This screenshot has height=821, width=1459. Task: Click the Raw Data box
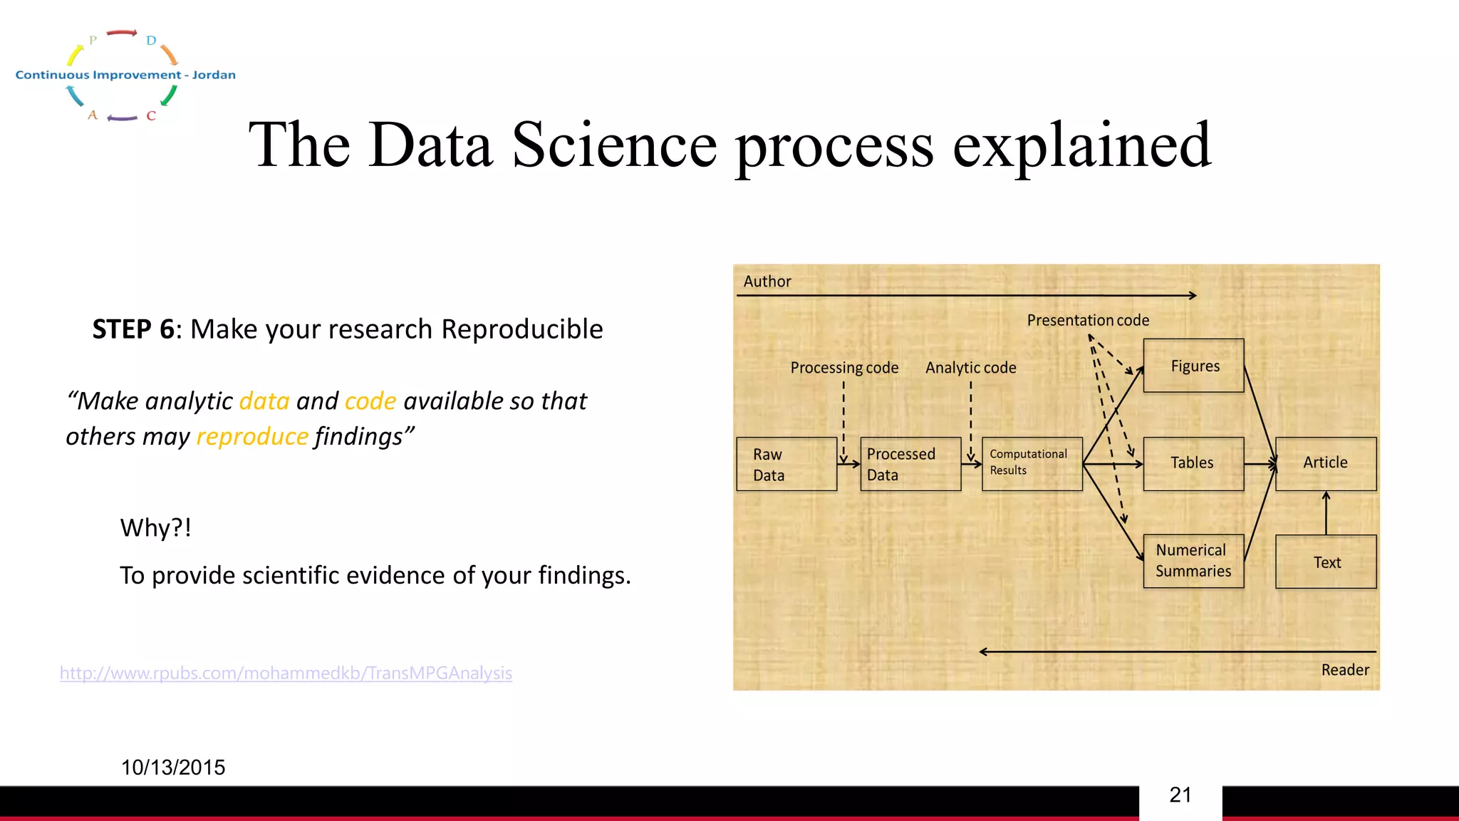click(786, 464)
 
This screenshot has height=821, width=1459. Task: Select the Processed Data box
click(910, 464)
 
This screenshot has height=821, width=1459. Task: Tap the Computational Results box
click(1032, 464)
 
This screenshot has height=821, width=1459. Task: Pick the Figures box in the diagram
click(1193, 366)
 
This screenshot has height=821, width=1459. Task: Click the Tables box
click(1193, 463)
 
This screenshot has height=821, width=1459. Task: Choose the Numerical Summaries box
click(1193, 561)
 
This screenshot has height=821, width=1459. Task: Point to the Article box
click(1326, 463)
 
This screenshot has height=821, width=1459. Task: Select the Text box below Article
click(1326, 562)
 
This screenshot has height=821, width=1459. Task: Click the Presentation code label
click(1088, 321)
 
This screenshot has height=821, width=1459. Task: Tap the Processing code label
click(844, 368)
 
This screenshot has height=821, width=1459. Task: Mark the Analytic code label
click(970, 368)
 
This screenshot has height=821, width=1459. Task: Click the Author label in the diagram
click(767, 282)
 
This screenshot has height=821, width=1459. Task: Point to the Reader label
click(1345, 670)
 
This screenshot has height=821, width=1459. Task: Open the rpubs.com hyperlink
click(286, 673)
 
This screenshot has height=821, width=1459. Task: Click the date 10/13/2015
click(173, 768)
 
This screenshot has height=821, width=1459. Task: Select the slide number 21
click(1180, 795)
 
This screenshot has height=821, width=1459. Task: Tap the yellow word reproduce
click(252, 436)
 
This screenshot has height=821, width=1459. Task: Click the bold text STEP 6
click(133, 329)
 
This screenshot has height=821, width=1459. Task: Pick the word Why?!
click(155, 528)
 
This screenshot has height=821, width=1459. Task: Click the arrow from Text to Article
click(1326, 513)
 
